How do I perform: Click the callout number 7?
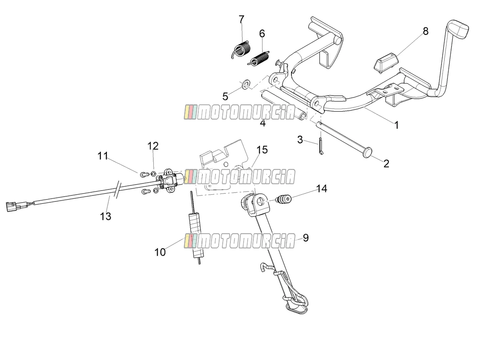[x=242, y=19]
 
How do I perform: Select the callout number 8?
[x=425, y=31]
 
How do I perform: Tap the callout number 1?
[x=397, y=125]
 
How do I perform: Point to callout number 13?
[x=106, y=216]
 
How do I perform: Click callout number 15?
[x=262, y=150]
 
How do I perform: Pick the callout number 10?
[x=160, y=252]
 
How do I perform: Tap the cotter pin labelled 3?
[x=321, y=146]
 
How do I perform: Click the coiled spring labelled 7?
[x=241, y=50]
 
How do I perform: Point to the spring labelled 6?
[x=258, y=58]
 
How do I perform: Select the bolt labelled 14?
[x=284, y=199]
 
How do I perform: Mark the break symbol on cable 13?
[x=118, y=189]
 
